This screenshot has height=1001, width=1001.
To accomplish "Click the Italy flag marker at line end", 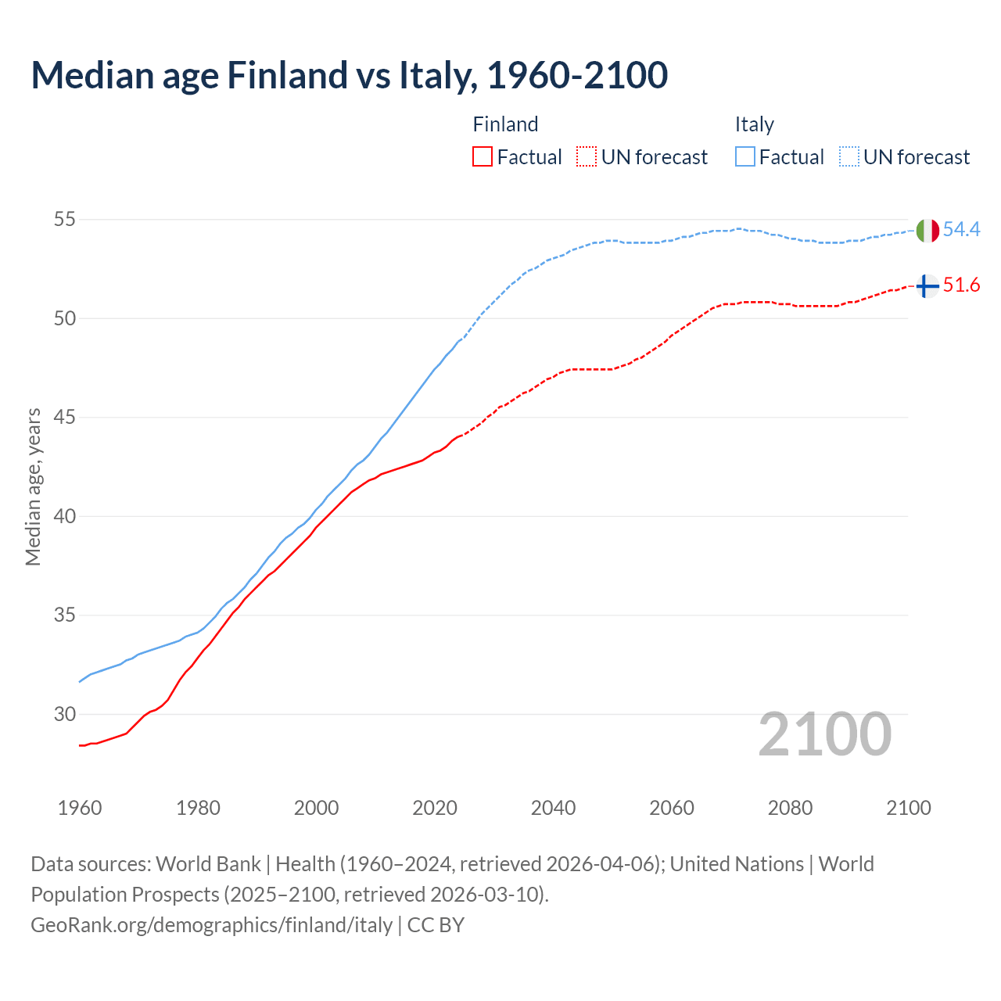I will coord(927,231).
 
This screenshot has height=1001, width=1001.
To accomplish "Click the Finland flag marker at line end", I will coord(927,286).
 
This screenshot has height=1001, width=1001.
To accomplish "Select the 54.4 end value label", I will coord(961,229).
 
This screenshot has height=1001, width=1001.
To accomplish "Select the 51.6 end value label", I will coord(961,285).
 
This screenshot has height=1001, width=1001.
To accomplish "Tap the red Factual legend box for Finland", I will coord(483,157).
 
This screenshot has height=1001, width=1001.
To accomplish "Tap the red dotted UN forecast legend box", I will coord(587,157).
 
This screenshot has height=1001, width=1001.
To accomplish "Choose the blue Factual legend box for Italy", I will coord(745,157).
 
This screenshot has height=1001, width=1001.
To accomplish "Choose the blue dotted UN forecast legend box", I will coord(849,157).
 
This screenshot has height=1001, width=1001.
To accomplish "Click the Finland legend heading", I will coord(505,124).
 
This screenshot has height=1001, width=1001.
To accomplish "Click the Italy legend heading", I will coord(754,124).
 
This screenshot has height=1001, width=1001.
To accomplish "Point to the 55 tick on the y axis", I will coord(64,220).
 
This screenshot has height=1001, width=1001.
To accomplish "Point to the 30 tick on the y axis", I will coord(64,714).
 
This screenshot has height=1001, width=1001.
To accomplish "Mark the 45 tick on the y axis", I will coord(64,418).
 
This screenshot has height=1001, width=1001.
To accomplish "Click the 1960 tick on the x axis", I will coord(80,808).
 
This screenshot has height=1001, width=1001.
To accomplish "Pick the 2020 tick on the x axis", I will coord(435,808).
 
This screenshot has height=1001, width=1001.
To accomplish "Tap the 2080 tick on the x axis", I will coord(790,808).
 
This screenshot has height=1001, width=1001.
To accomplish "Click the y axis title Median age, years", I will coord(33,486).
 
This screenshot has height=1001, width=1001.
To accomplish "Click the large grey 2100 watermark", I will coord(825,734).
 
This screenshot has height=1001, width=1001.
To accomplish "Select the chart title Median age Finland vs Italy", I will coord(349,75).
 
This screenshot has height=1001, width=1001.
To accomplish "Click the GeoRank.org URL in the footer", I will coord(211,925).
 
